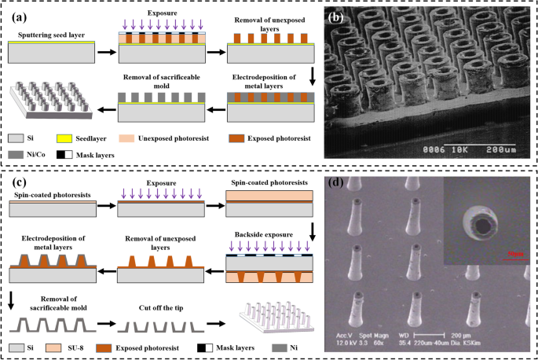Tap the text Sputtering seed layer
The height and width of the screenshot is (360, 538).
[x=44, y=35]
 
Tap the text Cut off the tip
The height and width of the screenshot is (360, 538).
[x=152, y=298]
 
